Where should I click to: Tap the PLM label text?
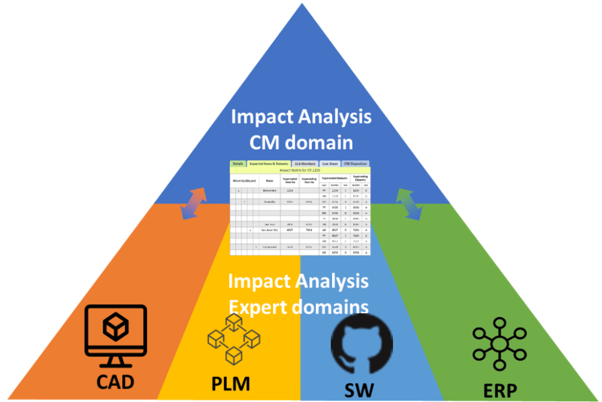pyautogui.click(x=230, y=385)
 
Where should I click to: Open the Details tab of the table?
pyautogui.click(x=238, y=164)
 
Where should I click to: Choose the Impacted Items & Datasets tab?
pyautogui.click(x=269, y=164)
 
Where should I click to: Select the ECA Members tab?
pyautogui.click(x=306, y=164)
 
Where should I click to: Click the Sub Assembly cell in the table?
pyautogui.click(x=269, y=230)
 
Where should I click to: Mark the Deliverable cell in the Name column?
pyautogui.click(x=269, y=191)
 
